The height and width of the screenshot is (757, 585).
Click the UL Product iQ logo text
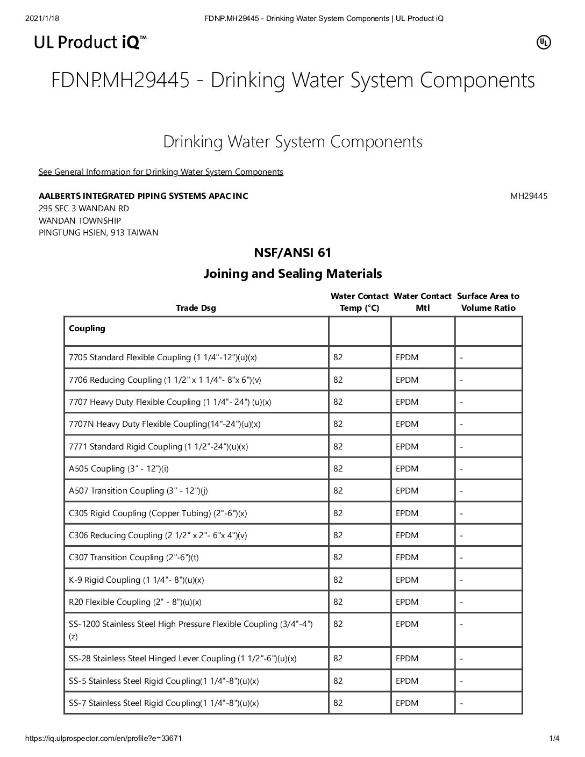[x=90, y=42]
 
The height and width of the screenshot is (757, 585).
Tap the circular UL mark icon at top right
[x=544, y=42]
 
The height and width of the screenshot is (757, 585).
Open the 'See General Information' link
[x=161, y=172]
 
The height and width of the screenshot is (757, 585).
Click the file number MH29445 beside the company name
[x=529, y=196]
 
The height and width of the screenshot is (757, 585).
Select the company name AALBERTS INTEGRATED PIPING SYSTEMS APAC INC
[x=144, y=196]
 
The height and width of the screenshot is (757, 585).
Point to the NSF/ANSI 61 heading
[x=292, y=252]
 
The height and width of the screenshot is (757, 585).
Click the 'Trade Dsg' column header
[x=196, y=308]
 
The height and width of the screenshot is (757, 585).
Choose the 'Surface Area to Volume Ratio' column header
[x=488, y=302]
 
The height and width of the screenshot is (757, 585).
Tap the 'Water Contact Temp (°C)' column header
[x=359, y=302]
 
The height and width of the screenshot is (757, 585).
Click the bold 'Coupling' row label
[x=87, y=328]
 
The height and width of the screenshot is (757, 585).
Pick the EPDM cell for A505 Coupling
[x=407, y=469]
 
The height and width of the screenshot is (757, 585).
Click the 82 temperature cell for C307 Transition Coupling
[x=338, y=558]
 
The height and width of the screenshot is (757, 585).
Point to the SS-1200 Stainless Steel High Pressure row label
[x=191, y=624]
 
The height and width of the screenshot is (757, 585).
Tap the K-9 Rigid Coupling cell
[x=137, y=580]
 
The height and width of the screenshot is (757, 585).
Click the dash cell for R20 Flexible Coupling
[x=461, y=603]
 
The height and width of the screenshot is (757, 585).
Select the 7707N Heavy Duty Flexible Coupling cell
[x=165, y=424]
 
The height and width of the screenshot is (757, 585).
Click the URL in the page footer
[x=104, y=739]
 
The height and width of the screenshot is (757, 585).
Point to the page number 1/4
[x=554, y=739]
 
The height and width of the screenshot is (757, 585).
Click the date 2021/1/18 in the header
[x=42, y=19]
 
